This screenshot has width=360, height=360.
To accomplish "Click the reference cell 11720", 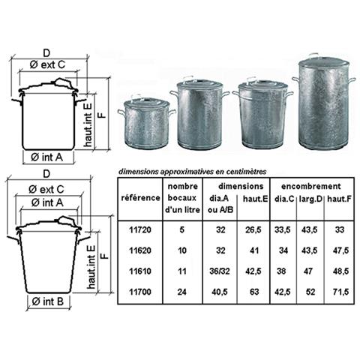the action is click(x=140, y=229).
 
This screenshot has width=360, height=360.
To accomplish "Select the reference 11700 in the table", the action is click(x=140, y=292).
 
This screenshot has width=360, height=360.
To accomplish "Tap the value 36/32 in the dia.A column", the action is click(x=220, y=271).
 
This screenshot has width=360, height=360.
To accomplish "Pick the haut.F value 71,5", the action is click(x=340, y=292).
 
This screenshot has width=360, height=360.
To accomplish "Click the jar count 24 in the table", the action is click(x=182, y=292).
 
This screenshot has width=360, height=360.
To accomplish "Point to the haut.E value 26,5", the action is click(x=253, y=229).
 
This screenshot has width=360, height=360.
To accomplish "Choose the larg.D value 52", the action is click(x=310, y=292).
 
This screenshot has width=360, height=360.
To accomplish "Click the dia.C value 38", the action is click(x=281, y=271).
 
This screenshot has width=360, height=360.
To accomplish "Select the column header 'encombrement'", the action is click(x=310, y=186).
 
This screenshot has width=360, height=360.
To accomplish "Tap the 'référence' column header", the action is click(x=140, y=198).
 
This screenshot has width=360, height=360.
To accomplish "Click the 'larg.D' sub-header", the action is click(x=310, y=199).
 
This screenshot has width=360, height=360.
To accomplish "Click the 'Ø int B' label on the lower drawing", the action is click(x=48, y=301).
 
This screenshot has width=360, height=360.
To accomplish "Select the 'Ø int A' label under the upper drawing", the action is click(x=46, y=157).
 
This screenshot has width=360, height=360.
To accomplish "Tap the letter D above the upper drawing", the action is click(x=46, y=53).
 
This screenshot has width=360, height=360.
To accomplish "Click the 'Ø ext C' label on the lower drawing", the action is click(x=46, y=189).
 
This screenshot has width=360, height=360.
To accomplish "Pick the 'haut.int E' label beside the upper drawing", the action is click(x=88, y=125).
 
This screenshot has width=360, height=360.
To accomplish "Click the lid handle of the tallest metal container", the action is click(x=313, y=55).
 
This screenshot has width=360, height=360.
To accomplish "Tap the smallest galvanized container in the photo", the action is click(x=146, y=123).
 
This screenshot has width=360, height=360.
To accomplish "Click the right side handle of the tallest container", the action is click(x=352, y=80).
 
